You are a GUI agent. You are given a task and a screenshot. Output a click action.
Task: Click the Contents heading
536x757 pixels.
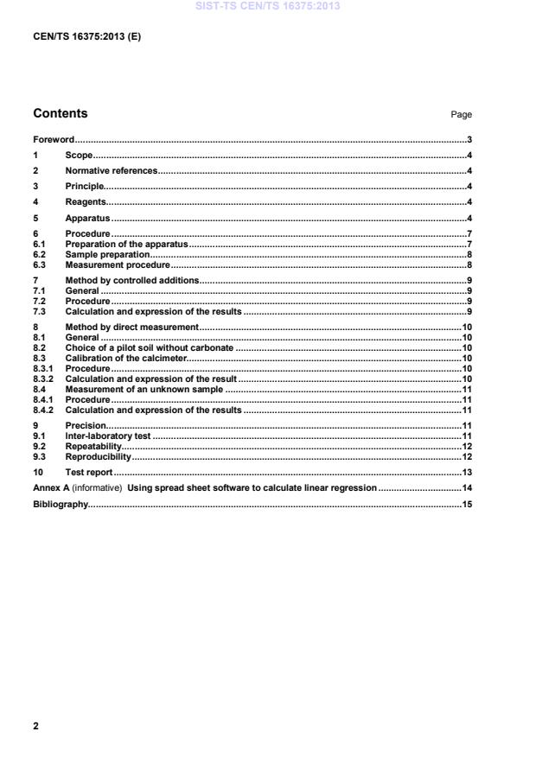tap(60, 113)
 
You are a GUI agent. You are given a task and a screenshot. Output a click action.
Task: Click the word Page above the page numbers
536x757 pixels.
tap(461, 115)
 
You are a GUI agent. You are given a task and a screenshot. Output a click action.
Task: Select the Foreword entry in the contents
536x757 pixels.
tap(53, 140)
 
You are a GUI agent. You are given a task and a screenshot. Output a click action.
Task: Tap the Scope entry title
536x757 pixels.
tap(79, 156)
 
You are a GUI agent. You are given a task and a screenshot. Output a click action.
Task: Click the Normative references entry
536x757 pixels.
tap(112, 171)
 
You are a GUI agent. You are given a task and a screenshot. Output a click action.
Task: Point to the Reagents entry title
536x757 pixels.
tap(86, 202)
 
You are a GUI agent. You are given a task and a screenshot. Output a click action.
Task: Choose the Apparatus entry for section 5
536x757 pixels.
tap(87, 218)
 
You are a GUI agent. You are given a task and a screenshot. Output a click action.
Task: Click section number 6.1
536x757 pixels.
tap(39, 245)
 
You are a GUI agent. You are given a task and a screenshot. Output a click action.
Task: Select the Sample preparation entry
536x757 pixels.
tap(107, 255)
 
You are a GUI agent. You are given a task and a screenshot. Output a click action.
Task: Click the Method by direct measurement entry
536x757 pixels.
tap(132, 328)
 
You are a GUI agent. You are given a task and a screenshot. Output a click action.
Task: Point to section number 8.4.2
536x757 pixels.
tap(43, 410)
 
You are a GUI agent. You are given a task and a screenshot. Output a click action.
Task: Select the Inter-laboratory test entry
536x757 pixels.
tap(108, 436)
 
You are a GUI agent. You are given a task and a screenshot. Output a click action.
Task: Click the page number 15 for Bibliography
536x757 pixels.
tap(466, 504)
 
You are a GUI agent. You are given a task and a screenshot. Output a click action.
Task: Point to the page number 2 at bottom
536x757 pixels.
tap(35, 726)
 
